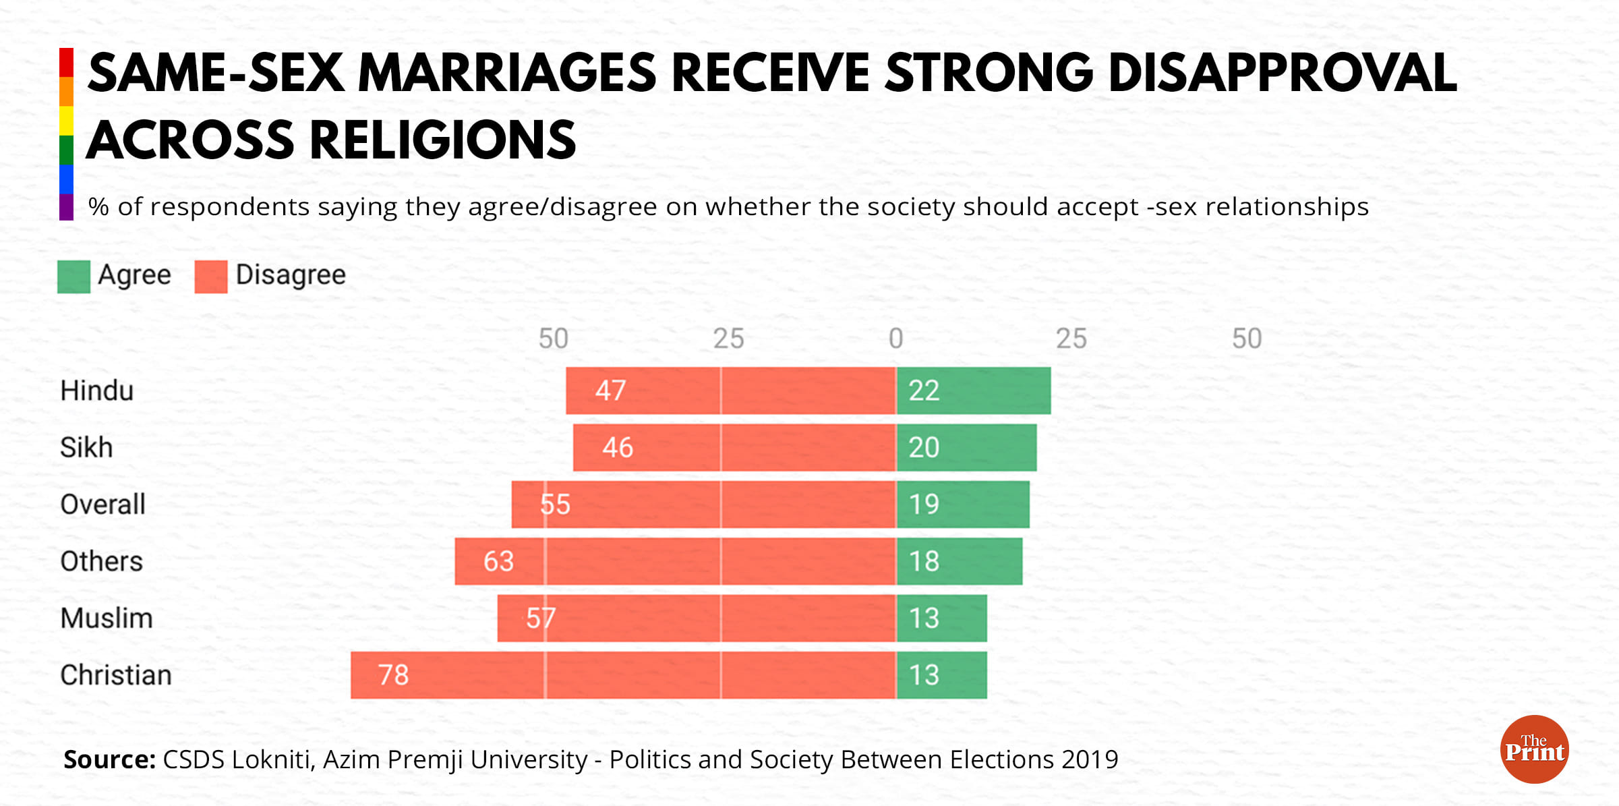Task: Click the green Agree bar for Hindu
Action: point(973,391)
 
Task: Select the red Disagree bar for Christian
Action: point(623,675)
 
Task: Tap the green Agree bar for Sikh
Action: point(966,447)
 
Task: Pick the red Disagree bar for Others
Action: point(675,561)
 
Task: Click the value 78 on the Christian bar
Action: point(393,675)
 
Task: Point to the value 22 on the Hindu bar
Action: point(924,391)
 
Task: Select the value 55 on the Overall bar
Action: point(555,505)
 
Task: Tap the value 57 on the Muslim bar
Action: point(541,618)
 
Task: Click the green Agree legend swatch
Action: point(73,277)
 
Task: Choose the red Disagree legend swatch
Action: point(211,277)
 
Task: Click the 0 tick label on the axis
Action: point(895,339)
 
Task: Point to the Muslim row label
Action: point(107,618)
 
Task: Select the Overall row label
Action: point(102,505)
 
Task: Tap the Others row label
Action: point(101,561)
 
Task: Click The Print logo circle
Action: point(1534,749)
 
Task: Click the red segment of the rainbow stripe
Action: point(66,62)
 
